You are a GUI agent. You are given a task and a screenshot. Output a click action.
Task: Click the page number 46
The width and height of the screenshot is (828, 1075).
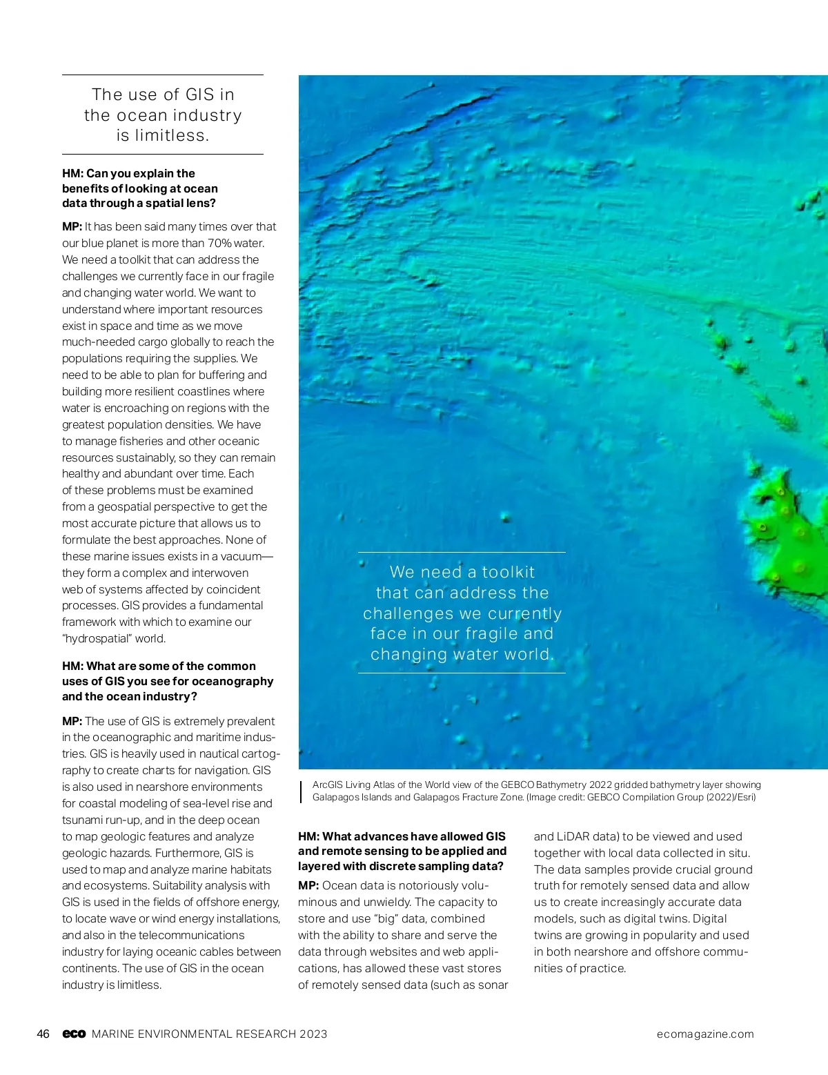tap(43, 1034)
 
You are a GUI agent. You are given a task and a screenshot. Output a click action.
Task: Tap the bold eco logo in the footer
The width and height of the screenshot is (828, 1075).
tap(74, 1034)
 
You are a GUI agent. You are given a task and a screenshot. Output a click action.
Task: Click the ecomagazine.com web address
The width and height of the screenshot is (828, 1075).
tap(705, 1034)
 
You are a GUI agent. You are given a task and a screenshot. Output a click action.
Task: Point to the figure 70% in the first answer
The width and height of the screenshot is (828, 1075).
tap(219, 243)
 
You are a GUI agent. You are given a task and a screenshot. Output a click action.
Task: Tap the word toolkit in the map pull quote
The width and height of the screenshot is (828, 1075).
tap(508, 572)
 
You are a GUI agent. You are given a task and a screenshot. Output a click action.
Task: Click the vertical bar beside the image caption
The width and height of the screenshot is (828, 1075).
tap(302, 791)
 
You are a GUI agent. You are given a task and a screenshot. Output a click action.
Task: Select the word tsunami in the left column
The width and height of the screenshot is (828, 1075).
tap(83, 820)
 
